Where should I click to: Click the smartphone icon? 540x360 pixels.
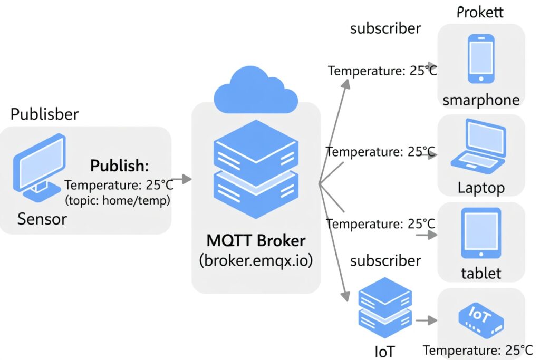point(481,59)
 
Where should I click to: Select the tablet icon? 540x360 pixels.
point(481,233)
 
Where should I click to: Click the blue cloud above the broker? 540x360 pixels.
point(256,91)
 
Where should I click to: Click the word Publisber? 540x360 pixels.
point(44,114)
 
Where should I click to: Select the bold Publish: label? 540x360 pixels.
point(120,166)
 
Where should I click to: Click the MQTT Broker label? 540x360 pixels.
point(256,241)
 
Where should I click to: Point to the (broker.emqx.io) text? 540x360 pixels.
point(256,260)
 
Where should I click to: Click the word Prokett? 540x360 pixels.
point(479,12)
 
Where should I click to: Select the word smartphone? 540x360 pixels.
point(481,100)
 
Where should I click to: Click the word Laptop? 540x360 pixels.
point(481,188)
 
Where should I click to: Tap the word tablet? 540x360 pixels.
point(481,274)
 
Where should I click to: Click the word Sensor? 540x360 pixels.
point(42,218)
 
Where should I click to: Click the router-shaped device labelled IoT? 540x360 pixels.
point(480,321)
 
